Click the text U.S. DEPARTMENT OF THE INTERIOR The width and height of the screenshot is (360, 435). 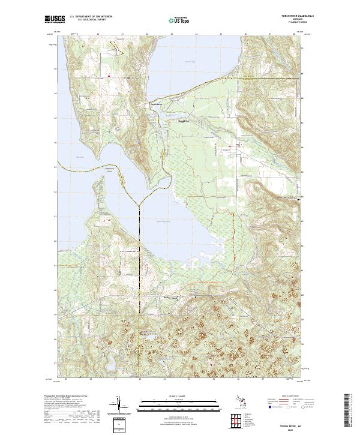point(91,17)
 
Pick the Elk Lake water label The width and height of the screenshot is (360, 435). point(79,158)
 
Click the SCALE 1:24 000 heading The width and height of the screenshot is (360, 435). point(180,396)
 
